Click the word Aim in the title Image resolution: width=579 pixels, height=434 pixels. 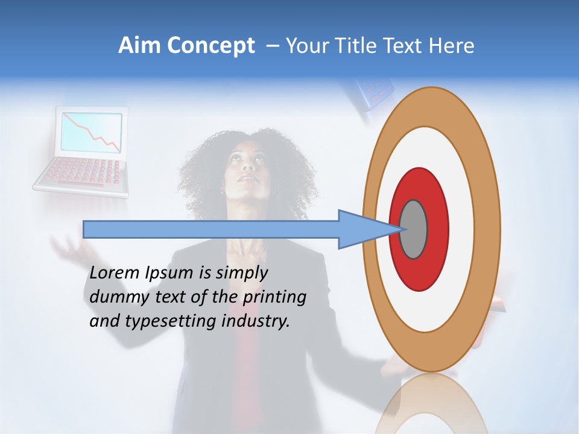[140, 46]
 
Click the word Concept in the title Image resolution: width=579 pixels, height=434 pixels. [210, 46]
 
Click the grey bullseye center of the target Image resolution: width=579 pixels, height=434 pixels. [413, 229]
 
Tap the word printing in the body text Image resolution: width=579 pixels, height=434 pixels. [274, 298]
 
